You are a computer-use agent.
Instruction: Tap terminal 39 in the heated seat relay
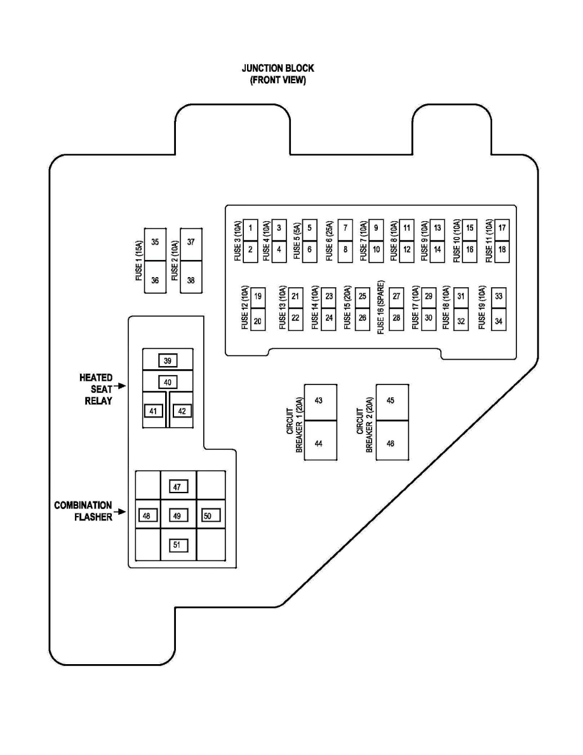click(x=168, y=360)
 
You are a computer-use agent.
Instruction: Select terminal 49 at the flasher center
click(x=177, y=516)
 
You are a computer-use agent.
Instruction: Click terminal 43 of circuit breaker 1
click(x=319, y=401)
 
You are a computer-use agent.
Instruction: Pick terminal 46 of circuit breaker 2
click(x=391, y=443)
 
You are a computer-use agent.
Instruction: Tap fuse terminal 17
click(x=502, y=228)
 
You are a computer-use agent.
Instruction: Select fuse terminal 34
click(x=499, y=321)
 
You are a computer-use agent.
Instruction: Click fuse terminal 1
click(x=251, y=228)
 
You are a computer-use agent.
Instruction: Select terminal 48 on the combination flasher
click(x=147, y=516)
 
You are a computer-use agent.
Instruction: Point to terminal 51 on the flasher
click(x=177, y=545)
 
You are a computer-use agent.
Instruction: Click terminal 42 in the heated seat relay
click(x=182, y=411)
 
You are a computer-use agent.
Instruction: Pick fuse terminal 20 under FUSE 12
click(x=258, y=321)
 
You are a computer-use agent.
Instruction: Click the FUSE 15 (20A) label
click(x=347, y=308)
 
